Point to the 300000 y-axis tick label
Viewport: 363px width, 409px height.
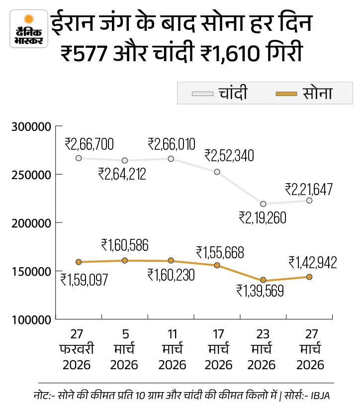point(31,127)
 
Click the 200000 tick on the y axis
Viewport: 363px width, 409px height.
point(31,223)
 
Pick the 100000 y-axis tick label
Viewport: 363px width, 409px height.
point(31,319)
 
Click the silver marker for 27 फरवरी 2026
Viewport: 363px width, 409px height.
point(79,158)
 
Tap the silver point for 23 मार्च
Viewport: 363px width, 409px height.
point(263,204)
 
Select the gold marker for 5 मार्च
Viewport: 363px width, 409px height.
point(125,260)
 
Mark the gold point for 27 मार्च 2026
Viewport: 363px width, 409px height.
point(309,277)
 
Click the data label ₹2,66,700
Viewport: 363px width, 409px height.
point(89,145)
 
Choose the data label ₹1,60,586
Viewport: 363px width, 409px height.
point(125,245)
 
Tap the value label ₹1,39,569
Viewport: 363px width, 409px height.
point(260,291)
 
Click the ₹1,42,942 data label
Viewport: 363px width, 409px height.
point(312,263)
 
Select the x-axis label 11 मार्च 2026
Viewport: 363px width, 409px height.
point(171,350)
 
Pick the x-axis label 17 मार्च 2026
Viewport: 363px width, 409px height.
point(217,350)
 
